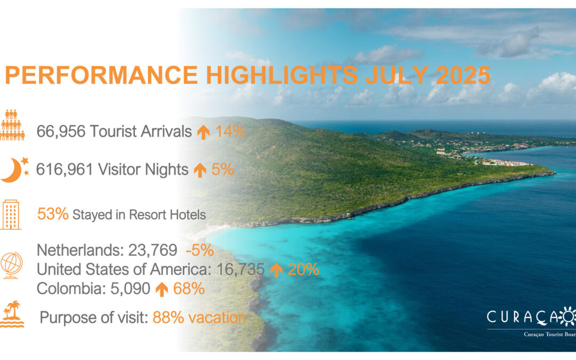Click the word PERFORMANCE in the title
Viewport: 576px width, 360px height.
coord(102,75)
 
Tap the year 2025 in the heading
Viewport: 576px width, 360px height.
coord(463,75)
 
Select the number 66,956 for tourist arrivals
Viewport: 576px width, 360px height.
coord(61,131)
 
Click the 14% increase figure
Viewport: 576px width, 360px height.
coord(231,131)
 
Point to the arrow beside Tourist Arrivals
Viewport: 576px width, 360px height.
coord(203,132)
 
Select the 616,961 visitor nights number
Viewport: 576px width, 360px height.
coord(65,170)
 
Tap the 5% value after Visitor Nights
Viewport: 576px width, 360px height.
coord(222,170)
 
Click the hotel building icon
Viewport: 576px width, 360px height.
coord(11,215)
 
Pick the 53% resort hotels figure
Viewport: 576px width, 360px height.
coord(53,214)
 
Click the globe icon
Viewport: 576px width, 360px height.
coord(11,265)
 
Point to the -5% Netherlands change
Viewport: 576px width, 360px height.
coord(200,250)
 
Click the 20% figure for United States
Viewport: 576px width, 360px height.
coord(303,269)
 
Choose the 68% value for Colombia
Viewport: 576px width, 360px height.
coord(189,289)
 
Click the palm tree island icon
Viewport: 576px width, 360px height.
coord(12,314)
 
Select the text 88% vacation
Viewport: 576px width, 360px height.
coord(199,317)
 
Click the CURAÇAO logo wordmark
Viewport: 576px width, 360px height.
coord(531,317)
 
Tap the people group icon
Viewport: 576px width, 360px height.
coord(12,125)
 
